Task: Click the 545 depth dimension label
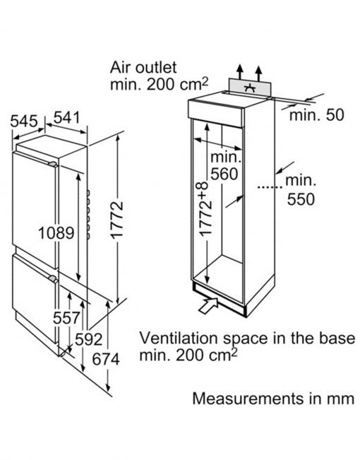tap(24, 122)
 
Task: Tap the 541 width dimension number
tap(67, 118)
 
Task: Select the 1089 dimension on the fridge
tap(56, 233)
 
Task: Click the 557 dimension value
tap(66, 318)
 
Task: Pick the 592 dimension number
tap(88, 339)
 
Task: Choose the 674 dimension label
tap(106, 360)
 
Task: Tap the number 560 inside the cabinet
tap(224, 174)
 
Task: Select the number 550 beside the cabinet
tap(301, 199)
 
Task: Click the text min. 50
tap(317, 114)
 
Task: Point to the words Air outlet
tap(143, 67)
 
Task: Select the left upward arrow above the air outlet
tap(240, 71)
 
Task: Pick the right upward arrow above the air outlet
tap(258, 73)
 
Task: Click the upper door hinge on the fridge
tap(53, 164)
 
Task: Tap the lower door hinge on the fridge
tap(53, 278)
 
